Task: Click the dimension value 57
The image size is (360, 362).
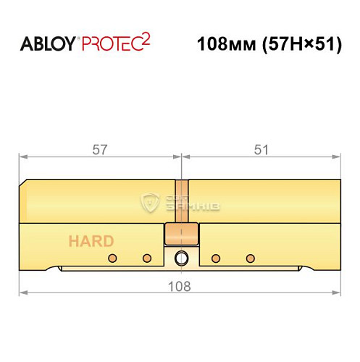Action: coord(100,151)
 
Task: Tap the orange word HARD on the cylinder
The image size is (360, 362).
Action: coord(91,241)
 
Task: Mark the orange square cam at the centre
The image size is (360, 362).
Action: coord(182,233)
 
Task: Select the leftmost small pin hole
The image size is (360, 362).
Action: coord(112,258)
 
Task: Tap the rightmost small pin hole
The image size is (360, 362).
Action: coord(251,258)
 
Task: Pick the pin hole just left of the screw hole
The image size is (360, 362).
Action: coord(146,258)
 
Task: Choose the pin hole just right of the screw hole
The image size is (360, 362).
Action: coord(215,258)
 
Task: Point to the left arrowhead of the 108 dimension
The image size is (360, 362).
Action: coord(22,292)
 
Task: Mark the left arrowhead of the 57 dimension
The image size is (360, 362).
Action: coord(22,156)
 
